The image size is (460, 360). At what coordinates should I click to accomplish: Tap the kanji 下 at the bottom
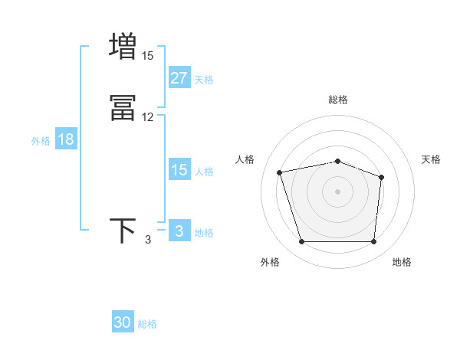tap(123, 231)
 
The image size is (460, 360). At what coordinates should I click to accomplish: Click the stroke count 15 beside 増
tap(147, 56)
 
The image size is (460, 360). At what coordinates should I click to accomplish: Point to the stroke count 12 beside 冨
tap(147, 117)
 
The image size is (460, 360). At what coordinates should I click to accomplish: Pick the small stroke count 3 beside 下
tap(148, 240)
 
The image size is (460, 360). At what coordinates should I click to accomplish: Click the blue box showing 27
tap(179, 78)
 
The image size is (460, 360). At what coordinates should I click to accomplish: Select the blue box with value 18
tap(65, 139)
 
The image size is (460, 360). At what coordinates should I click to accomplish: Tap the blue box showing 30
tap(123, 322)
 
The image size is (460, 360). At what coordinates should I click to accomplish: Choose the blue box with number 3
tap(179, 231)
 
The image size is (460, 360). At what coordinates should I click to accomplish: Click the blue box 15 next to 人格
tap(179, 170)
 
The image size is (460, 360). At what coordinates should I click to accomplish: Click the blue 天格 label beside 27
tap(204, 80)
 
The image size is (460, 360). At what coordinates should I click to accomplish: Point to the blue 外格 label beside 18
tap(41, 141)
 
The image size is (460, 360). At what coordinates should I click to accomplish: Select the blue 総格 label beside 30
tap(147, 324)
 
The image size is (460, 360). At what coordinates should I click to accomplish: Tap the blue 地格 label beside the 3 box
tap(204, 233)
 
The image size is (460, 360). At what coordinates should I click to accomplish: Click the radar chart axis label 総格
tap(337, 100)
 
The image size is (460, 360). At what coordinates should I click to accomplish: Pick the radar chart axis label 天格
tap(431, 159)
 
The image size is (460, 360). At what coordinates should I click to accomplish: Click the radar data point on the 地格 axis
tap(373, 242)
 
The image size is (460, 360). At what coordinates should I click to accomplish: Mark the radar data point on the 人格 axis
tap(280, 172)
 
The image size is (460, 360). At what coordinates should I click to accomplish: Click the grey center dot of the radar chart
tap(337, 191)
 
